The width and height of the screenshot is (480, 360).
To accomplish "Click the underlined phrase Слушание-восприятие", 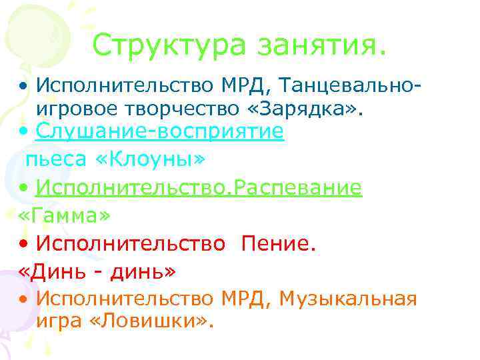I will click(x=160, y=132).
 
